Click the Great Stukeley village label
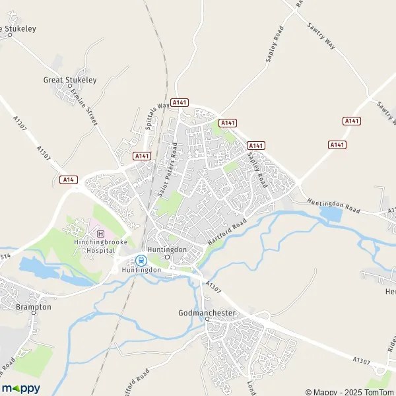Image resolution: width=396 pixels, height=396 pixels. point(70,80)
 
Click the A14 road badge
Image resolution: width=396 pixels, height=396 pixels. point(67,180)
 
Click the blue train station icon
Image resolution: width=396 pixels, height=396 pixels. point(141,259)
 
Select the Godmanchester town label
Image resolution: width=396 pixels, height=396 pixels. point(207,312)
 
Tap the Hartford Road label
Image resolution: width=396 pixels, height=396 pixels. point(226,233)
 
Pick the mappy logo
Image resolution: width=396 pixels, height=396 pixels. point(20,389)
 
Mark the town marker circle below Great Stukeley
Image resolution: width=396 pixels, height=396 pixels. point(70,86)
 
